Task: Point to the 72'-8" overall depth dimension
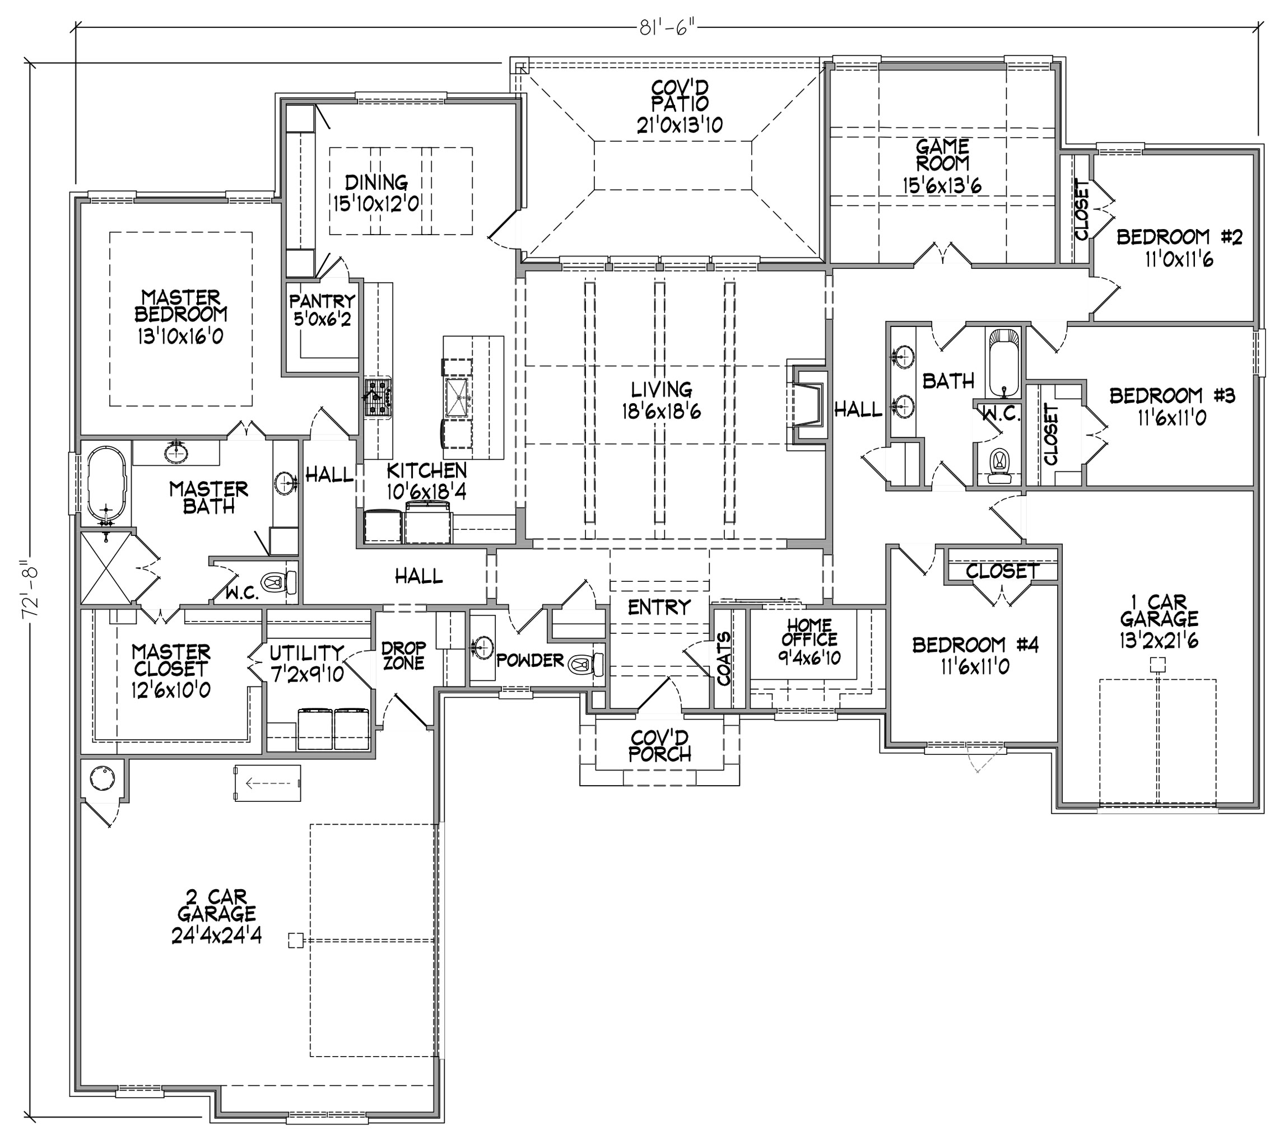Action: pyautogui.click(x=31, y=591)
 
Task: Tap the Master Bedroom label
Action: pyautogui.click(x=181, y=306)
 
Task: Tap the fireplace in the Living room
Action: pyautogui.click(x=807, y=405)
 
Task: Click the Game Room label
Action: pyautogui.click(x=942, y=155)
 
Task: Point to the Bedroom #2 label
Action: pyautogui.click(x=1180, y=237)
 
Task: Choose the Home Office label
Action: pyautogui.click(x=810, y=632)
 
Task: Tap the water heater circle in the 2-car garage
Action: pyautogui.click(x=103, y=779)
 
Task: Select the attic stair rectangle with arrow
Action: pyautogui.click(x=267, y=783)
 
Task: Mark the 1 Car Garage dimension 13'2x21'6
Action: pyautogui.click(x=1159, y=641)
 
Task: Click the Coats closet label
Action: pyautogui.click(x=724, y=658)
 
